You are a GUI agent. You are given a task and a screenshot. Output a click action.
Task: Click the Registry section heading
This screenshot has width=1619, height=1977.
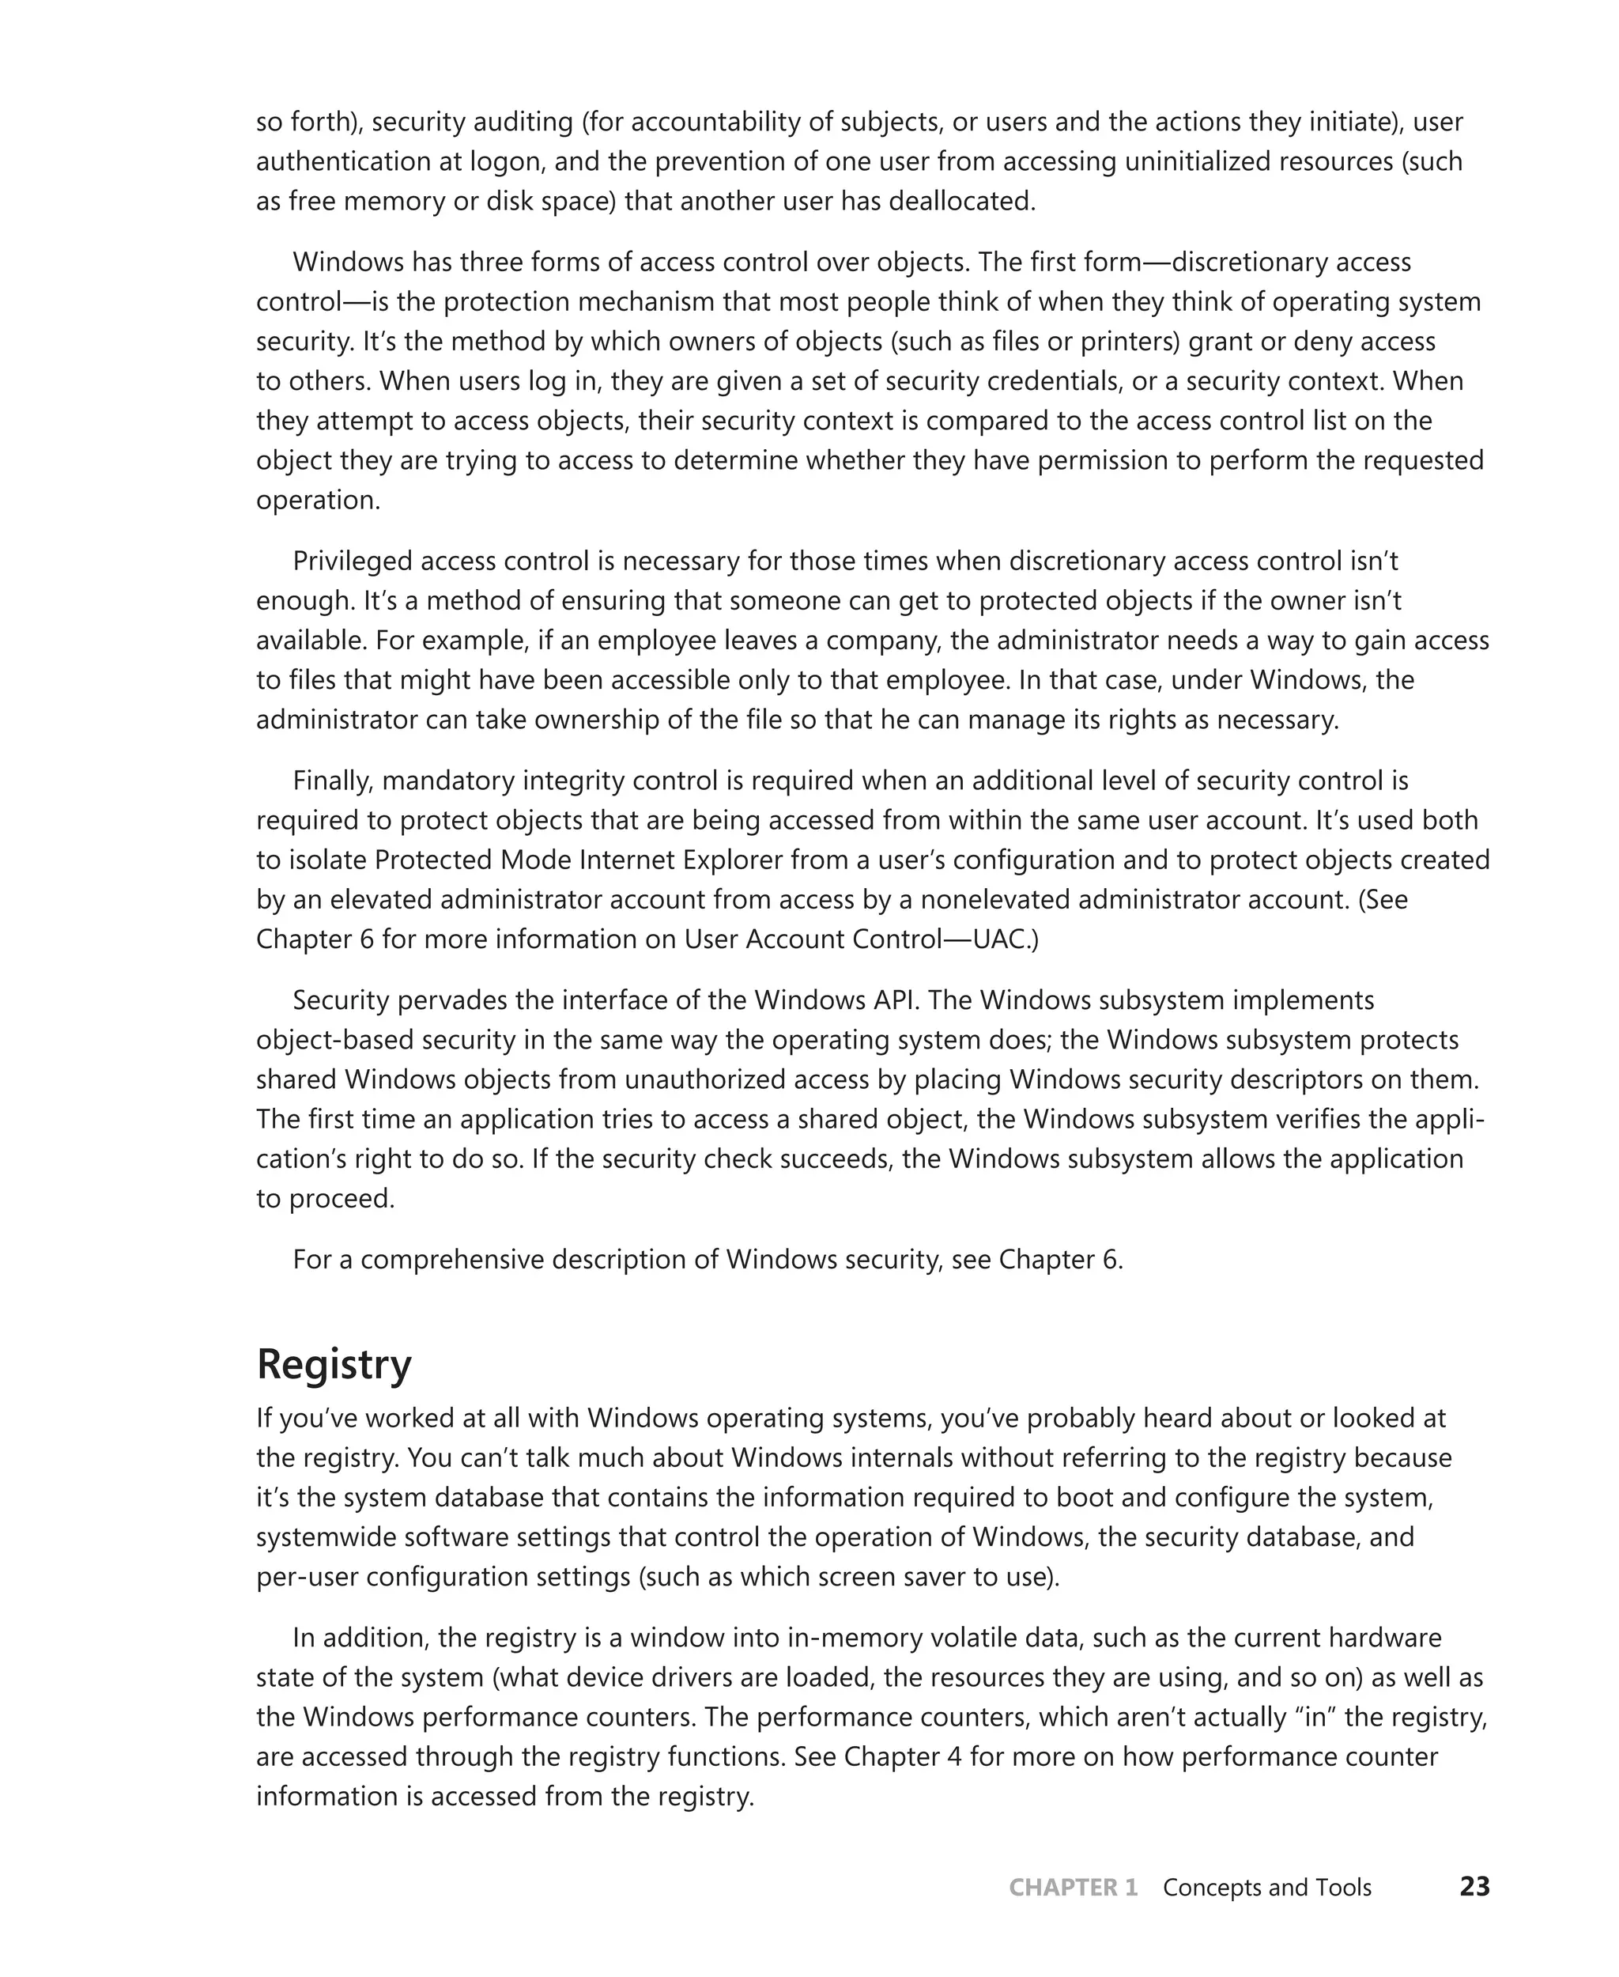coord(333,1365)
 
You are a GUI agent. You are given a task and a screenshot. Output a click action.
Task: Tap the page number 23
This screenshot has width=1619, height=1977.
coord(1474,1887)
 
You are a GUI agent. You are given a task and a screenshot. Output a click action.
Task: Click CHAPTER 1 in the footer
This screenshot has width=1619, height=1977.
coord(1073,1888)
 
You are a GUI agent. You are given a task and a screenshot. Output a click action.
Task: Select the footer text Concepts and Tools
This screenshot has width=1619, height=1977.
coord(1266,1888)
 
